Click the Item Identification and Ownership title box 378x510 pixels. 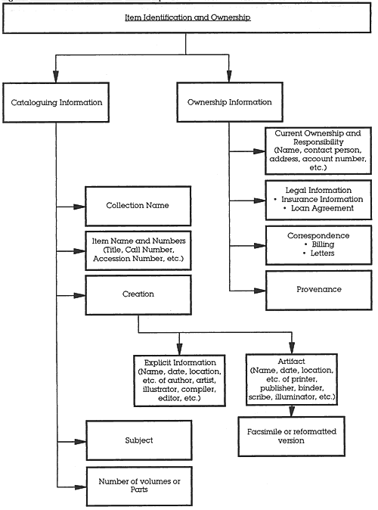coord(187,18)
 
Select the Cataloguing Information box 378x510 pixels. coord(56,102)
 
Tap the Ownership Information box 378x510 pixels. coord(230,102)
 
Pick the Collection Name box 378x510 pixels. coord(138,206)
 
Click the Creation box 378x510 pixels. coord(138,295)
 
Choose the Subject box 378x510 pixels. coord(139,440)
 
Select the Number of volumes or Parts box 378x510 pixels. coord(139,487)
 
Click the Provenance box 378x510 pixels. coord(319,290)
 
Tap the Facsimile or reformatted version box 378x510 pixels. coord(291,436)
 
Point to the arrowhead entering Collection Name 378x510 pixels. coord(79,207)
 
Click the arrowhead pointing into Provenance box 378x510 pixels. coord(260,291)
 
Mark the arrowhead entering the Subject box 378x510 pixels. coord(80,442)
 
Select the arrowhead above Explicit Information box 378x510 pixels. coord(179,349)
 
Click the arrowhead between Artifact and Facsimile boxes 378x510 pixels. coord(292,411)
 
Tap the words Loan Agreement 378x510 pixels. coord(322,208)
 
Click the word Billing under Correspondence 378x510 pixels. coord(323,244)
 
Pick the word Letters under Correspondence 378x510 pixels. coord(322,253)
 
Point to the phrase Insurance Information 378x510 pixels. coord(322,199)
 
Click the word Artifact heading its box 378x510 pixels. coord(291,362)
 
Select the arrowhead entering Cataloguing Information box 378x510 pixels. coord(56,76)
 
